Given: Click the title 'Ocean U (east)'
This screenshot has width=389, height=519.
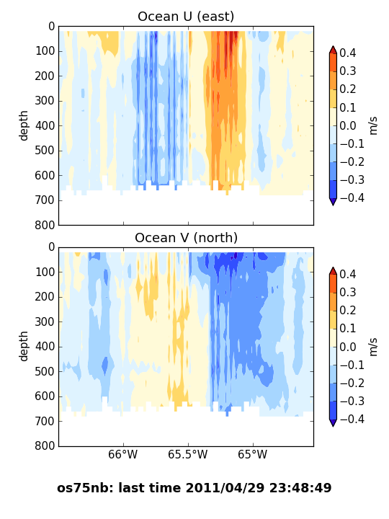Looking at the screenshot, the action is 186,17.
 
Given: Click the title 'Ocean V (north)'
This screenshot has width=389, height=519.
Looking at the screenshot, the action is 187,238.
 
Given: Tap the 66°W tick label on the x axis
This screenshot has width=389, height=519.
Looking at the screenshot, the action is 122,454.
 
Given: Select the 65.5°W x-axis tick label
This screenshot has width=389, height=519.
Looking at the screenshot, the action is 187,454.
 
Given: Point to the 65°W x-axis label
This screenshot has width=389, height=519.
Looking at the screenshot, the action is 252,454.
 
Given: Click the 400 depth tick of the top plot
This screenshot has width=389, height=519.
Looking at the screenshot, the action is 45,125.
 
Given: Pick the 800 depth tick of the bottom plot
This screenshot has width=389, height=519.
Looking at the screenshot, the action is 45,446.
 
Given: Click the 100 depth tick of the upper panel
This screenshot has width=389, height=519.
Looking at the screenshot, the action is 45,51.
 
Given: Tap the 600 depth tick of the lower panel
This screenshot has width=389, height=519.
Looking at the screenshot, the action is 45,396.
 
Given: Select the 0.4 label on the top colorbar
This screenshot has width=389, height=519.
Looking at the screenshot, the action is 348,53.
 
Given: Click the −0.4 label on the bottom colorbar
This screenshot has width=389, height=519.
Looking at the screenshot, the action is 352,419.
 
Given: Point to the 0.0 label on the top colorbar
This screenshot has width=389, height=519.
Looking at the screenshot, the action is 348,125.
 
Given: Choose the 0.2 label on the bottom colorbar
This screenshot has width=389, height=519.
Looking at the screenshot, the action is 348,311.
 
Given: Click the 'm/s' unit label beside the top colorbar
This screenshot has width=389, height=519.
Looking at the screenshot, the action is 373,125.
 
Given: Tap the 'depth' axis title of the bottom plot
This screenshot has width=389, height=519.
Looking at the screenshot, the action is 23,346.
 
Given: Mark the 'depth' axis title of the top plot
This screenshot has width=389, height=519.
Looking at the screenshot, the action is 23,125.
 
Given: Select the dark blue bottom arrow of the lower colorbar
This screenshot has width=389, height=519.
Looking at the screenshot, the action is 333,422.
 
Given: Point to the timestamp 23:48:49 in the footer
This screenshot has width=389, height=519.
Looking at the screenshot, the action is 300,488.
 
